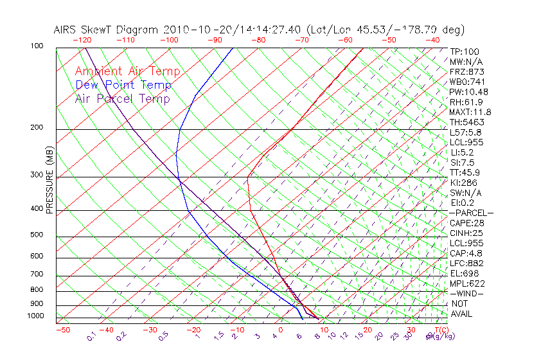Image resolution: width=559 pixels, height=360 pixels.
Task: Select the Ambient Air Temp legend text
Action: coord(127,71)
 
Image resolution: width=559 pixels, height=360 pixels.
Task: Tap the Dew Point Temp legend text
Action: coord(123,85)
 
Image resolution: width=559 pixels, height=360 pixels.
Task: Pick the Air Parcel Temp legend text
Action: coord(122,98)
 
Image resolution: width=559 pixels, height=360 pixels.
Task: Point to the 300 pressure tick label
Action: coord(38,175)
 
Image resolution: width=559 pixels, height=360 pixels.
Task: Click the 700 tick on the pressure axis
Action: coord(38,274)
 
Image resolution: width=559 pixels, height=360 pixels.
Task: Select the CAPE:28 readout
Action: coord(466,222)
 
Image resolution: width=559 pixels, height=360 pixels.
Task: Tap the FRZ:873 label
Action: coord(465,72)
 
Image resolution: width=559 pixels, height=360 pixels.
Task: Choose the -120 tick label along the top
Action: coord(82,40)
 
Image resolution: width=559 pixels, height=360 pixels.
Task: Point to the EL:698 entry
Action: coord(464,273)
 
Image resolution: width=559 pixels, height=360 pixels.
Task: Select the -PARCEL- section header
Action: coord(471,213)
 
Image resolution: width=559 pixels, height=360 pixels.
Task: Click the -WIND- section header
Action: coord(466,293)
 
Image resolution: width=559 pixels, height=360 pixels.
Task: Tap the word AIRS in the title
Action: coord(66,30)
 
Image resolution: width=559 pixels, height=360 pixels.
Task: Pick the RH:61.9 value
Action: coord(466,102)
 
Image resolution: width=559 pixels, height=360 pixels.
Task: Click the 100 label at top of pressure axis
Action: coord(38,46)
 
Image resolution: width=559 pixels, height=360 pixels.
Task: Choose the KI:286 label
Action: coord(463,183)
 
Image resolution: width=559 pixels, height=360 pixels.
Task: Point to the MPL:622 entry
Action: coord(467,283)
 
